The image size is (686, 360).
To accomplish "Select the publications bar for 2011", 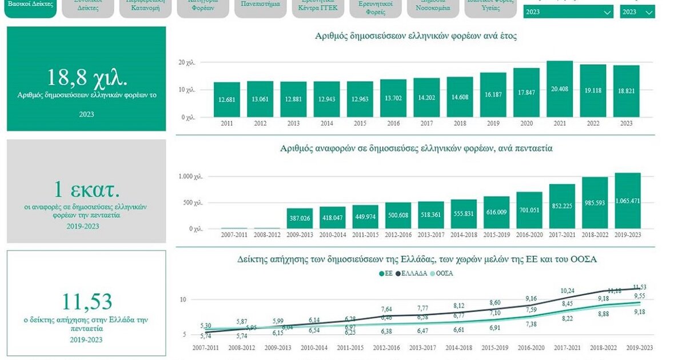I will (x=227, y=99).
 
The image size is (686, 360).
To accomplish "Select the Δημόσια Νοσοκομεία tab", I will (x=433, y=7).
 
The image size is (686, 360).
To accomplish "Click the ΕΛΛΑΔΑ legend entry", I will (x=412, y=273).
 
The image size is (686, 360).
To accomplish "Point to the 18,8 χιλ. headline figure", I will (x=87, y=78).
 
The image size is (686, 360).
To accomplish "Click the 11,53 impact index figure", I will (x=87, y=301).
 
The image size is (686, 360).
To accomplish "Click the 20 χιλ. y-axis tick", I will (x=187, y=62).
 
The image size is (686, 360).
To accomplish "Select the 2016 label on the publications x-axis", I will (x=393, y=123).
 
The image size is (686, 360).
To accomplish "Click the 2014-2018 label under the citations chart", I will (x=464, y=234).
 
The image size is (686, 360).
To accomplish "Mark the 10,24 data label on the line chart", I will (x=567, y=290).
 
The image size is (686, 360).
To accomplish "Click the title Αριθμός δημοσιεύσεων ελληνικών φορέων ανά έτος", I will (x=416, y=36).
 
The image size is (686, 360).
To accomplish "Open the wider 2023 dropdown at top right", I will (x=568, y=12).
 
